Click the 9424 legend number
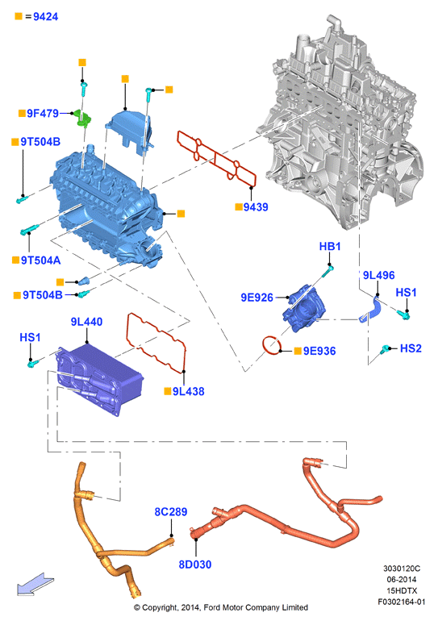pos(45,17)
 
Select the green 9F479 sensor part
pos(83,119)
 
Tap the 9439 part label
pos(256,207)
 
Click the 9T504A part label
pos(40,260)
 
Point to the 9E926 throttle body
pos(303,308)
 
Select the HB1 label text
pos(330,246)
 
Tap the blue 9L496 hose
pos(371,309)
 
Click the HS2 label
pos(411,348)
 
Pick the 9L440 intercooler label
pos(86,322)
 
